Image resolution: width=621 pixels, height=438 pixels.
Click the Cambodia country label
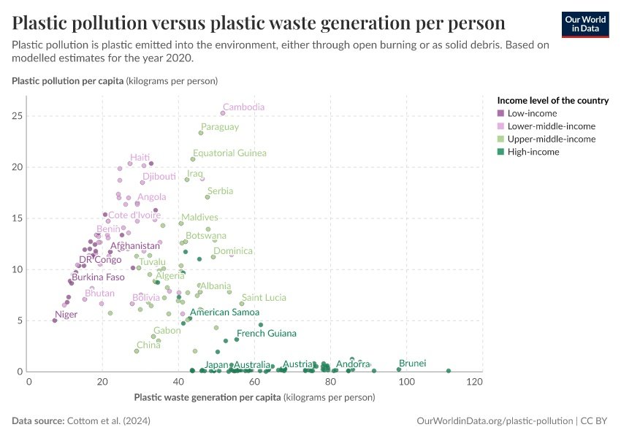pos(243,107)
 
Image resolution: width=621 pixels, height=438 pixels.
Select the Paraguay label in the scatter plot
pos(220,127)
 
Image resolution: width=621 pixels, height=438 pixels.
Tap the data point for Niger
pos(55,320)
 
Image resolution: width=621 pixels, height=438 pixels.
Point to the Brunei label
pos(412,363)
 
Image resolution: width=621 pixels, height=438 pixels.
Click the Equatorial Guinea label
pos(229,153)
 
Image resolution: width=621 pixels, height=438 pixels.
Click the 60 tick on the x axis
pos(254,382)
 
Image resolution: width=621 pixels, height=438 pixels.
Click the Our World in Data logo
pos(584,24)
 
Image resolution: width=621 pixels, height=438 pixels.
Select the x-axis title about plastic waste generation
pos(254,398)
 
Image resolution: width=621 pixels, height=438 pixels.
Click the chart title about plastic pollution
pos(259,22)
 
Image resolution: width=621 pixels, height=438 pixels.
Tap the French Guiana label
pos(266,334)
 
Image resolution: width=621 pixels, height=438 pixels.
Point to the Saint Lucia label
pos(264,298)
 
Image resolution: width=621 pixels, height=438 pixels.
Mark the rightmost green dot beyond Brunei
pos(448,371)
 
